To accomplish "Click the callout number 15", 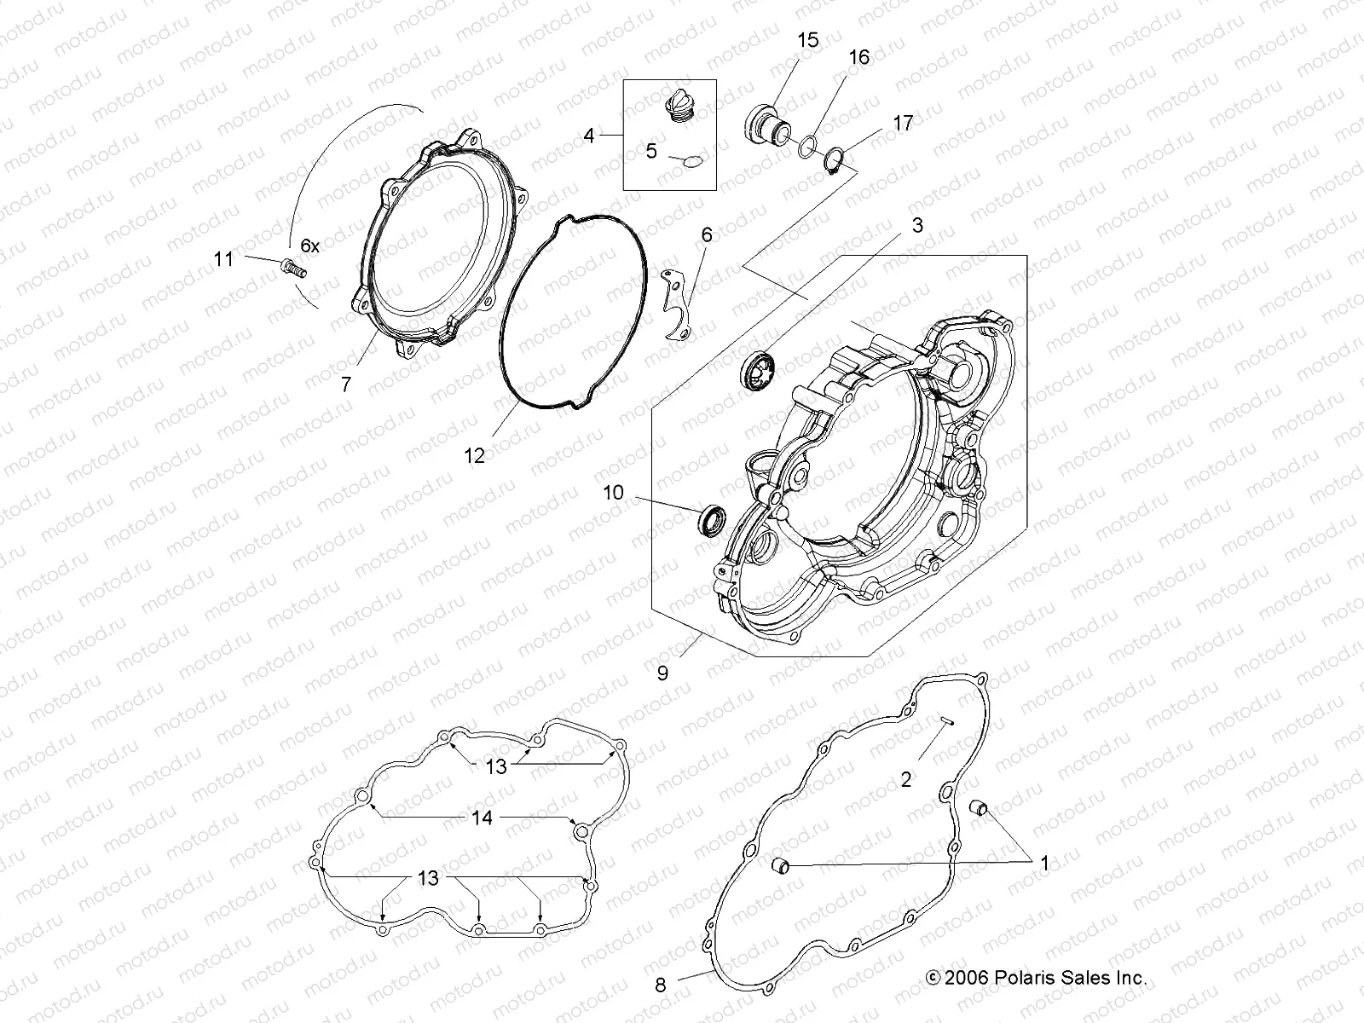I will pyautogui.click(x=807, y=39).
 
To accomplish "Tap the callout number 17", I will pyautogui.click(x=902, y=123).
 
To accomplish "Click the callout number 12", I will pyautogui.click(x=474, y=456).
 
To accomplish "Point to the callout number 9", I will pyautogui.click(x=662, y=672).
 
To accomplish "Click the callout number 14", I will pyautogui.click(x=482, y=818).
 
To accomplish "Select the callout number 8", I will pyautogui.click(x=661, y=985).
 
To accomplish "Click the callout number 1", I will pyautogui.click(x=1044, y=864).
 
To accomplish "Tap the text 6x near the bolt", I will pyautogui.click(x=310, y=246).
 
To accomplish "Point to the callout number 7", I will pyautogui.click(x=345, y=384).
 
